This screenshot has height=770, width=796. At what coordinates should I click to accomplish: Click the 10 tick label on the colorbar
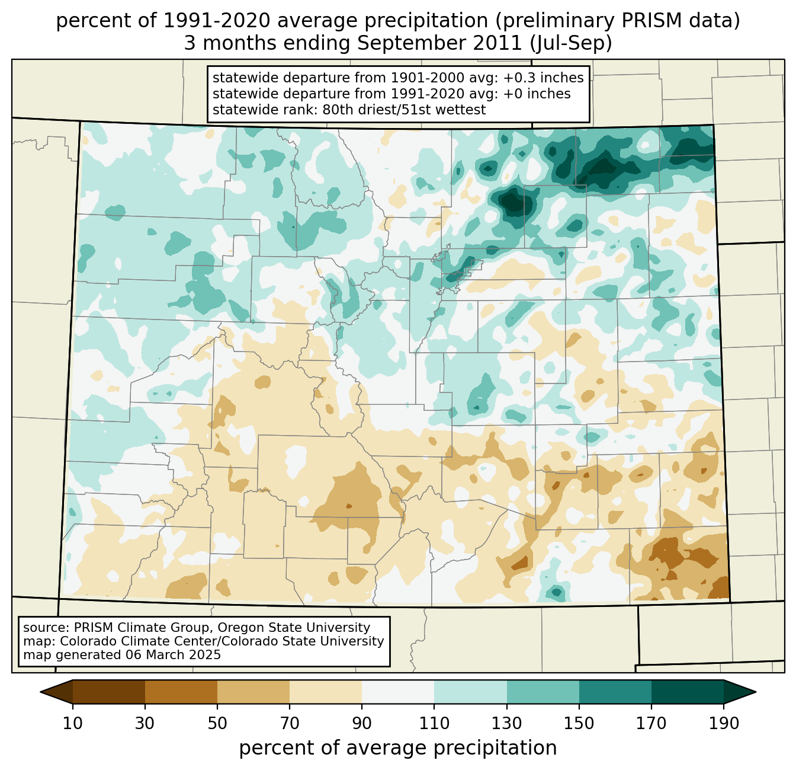click(73, 723)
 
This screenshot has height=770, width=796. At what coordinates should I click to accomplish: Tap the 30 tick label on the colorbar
click(145, 723)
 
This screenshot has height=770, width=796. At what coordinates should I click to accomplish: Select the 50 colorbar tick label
click(217, 723)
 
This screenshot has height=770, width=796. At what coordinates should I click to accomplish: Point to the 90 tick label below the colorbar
click(362, 723)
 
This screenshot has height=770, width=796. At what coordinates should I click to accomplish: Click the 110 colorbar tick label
click(434, 723)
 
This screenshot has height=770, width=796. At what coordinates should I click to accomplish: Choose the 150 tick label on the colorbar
click(579, 723)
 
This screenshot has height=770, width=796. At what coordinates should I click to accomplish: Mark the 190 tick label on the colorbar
click(724, 723)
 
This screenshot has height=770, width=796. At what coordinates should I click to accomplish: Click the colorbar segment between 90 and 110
click(398, 692)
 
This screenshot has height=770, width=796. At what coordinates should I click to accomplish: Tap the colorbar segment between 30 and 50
click(181, 692)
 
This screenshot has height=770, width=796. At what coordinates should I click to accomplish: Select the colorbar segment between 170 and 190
click(688, 692)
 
